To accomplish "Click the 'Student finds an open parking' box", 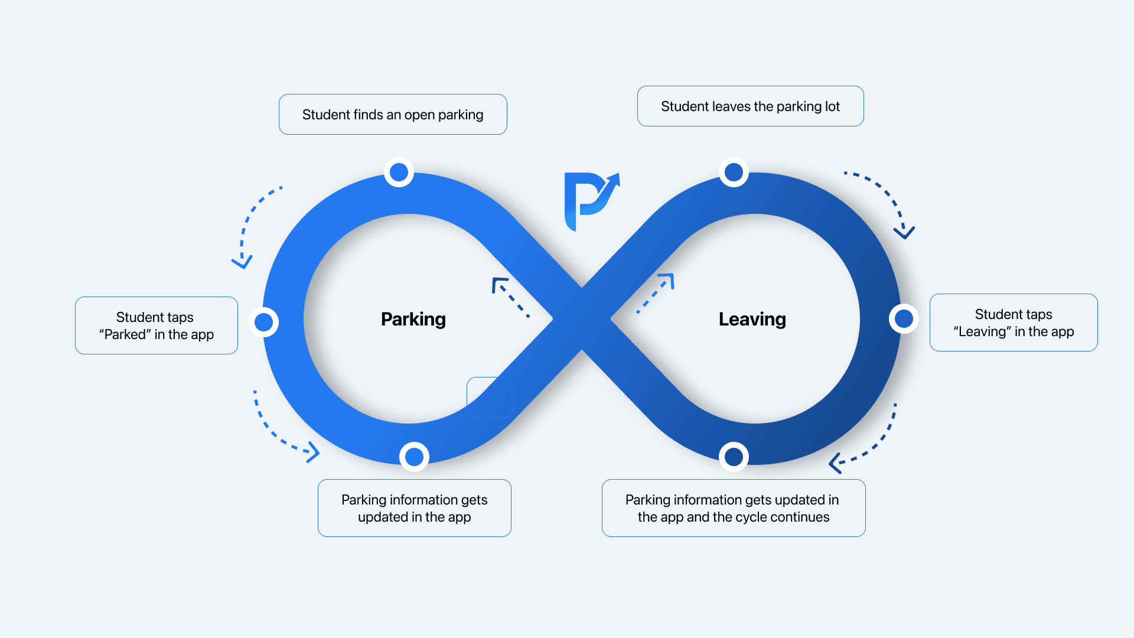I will [393, 115].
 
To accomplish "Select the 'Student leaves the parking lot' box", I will [750, 106].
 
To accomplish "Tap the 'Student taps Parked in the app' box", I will [157, 325].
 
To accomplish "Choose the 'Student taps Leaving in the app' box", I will [1014, 323].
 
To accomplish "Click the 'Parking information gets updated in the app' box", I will [414, 508].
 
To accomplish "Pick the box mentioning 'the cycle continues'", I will [734, 508].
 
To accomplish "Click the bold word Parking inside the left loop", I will [413, 319].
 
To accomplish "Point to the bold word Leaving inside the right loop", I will [752, 319].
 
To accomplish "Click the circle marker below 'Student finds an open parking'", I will [399, 172].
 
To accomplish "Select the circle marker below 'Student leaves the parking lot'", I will [734, 172].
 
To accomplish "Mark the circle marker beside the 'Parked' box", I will [263, 323].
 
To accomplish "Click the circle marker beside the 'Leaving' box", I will [904, 319].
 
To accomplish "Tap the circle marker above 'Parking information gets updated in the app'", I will [414, 457].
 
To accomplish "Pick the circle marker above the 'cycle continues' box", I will [734, 457].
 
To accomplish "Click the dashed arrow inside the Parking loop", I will [510, 297].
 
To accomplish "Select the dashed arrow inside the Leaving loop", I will [656, 293].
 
